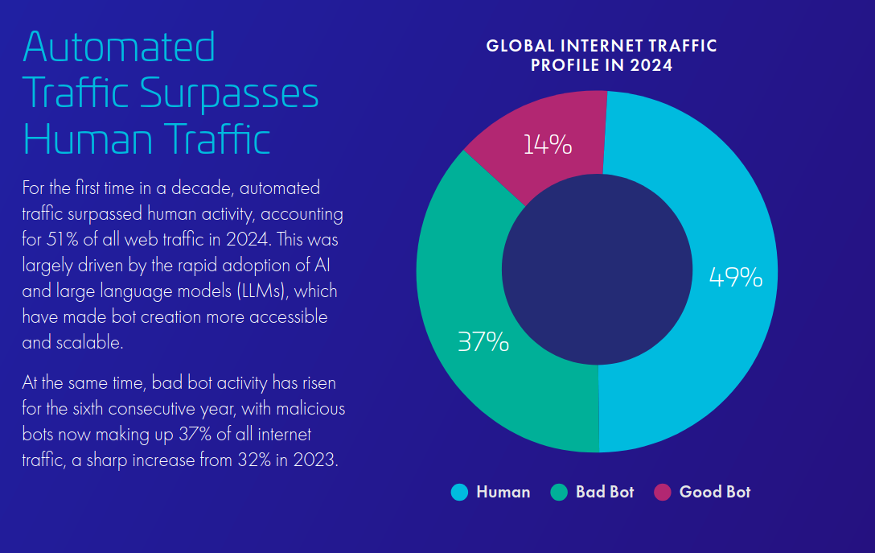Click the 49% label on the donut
735,278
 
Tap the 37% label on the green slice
483,342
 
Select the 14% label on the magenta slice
547,145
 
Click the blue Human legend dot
459,492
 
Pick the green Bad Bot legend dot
559,492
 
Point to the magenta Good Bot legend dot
663,492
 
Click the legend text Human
503,492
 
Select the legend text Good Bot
714,492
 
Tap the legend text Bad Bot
605,492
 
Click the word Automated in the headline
120,47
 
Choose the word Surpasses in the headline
229,93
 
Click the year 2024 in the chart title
651,66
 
